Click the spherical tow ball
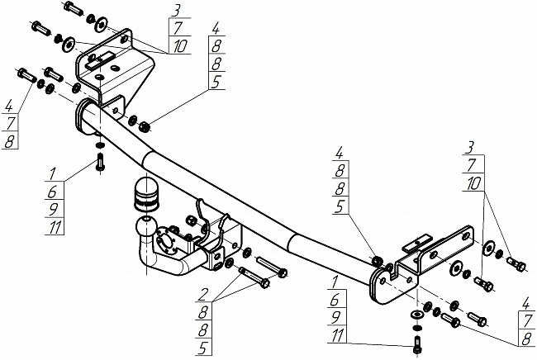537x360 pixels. [146, 226]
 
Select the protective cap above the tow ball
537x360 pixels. [146, 193]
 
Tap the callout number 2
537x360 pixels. [204, 294]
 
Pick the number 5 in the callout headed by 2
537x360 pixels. [202, 348]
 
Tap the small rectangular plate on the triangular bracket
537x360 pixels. [99, 60]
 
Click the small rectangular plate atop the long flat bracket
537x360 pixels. [417, 244]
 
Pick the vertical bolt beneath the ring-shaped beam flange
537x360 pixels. [100, 162]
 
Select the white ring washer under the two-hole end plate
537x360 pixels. [416, 315]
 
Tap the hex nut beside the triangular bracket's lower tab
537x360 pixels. [145, 127]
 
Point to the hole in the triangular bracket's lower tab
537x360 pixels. [116, 111]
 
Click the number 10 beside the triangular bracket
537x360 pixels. [180, 46]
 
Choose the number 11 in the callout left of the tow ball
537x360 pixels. [55, 227]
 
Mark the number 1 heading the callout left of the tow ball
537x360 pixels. [52, 174]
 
